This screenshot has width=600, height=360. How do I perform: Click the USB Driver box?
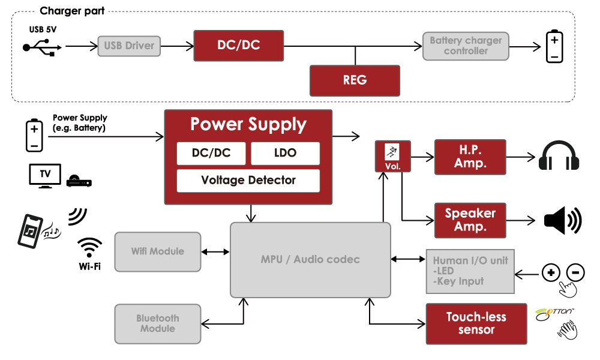(129, 46)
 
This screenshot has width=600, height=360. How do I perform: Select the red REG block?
(355, 80)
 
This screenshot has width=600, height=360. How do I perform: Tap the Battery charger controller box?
(466, 46)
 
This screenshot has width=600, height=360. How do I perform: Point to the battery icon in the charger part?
(554, 46)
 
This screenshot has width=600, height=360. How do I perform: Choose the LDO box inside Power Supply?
(285, 153)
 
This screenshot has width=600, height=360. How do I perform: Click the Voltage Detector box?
(248, 181)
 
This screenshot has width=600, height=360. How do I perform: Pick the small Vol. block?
(393, 157)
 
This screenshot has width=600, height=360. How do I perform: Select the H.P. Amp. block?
(470, 157)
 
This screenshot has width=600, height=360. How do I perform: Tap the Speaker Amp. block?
(470, 220)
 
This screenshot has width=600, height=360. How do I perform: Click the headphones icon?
(559, 157)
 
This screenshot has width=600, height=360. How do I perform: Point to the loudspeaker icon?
(562, 221)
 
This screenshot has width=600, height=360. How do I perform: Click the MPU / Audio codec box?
(310, 260)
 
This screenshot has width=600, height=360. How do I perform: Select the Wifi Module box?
(158, 251)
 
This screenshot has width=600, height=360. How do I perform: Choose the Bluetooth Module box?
(158, 323)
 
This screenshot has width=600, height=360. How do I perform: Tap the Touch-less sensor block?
(476, 323)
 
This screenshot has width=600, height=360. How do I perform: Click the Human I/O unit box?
(470, 271)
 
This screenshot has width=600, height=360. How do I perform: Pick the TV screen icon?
(45, 175)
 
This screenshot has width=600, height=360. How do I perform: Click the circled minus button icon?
(575, 272)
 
